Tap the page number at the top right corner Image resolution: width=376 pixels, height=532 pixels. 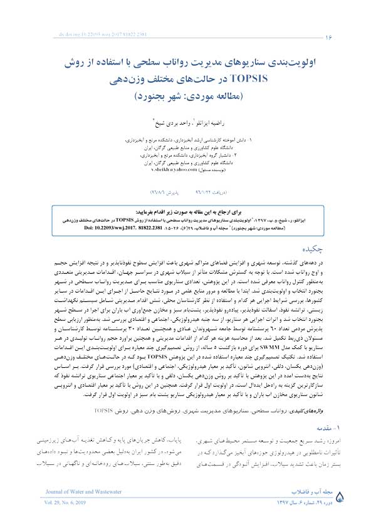328,38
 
